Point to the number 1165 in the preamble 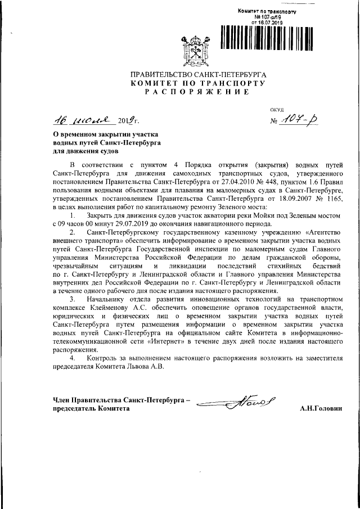click(331, 199)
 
